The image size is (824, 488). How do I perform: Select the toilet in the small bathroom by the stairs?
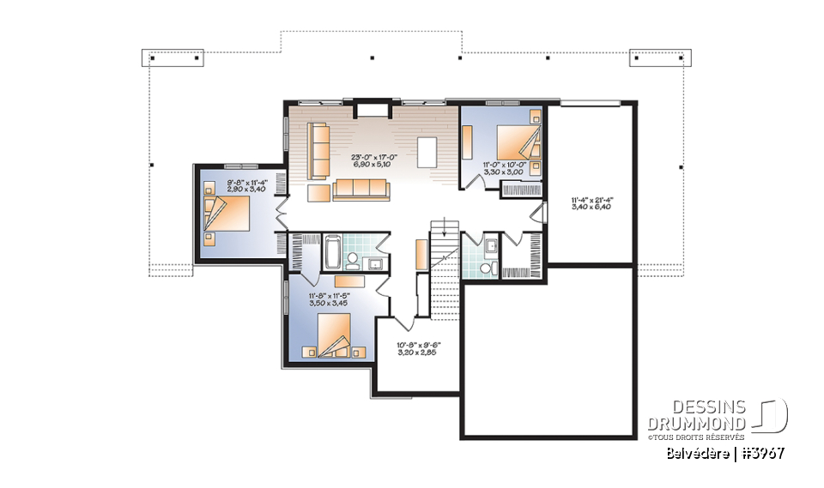[487, 268]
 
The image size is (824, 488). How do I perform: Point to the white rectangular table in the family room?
[427, 152]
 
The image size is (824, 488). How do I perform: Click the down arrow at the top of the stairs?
[442, 230]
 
